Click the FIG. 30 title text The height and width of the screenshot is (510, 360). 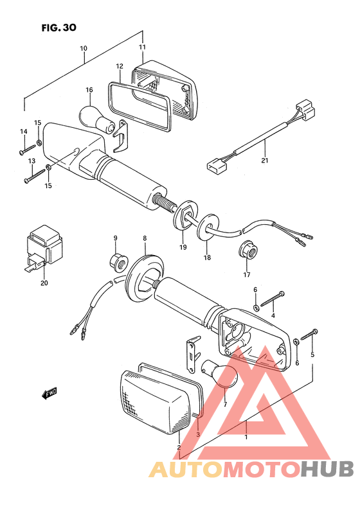[59, 28]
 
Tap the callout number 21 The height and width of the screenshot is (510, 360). [265, 160]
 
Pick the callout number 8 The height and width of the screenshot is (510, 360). [145, 238]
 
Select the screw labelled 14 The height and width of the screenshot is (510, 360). [28, 150]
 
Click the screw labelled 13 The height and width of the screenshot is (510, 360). [35, 175]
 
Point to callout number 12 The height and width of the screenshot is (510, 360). [120, 66]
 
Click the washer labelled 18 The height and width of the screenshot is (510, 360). [208, 227]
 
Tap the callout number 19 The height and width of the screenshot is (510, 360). [183, 247]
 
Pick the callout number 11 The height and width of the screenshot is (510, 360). [142, 47]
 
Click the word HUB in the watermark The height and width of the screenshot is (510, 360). [327, 470]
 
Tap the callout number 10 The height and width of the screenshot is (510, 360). [84, 48]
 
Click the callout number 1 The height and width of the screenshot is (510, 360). [246, 437]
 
